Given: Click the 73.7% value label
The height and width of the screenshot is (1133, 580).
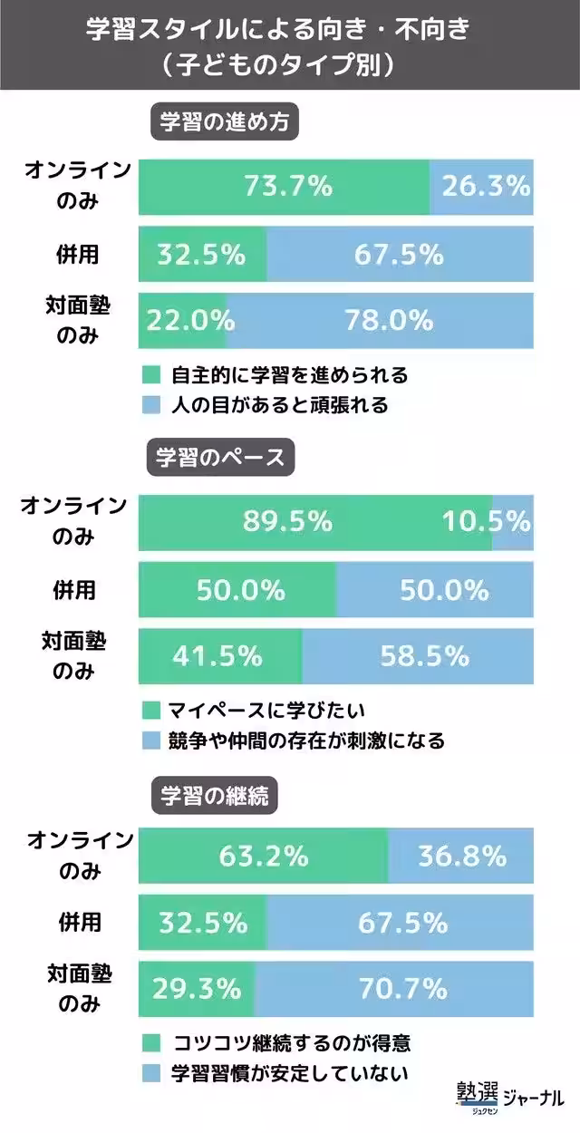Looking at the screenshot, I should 288,187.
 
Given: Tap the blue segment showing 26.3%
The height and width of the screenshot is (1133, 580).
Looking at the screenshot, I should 482,187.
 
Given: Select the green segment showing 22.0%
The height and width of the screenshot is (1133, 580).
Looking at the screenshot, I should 183,321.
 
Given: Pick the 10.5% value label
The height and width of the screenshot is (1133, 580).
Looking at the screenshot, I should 487,522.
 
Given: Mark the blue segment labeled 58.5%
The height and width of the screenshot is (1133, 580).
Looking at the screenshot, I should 418,656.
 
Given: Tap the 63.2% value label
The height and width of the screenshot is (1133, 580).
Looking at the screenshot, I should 264,856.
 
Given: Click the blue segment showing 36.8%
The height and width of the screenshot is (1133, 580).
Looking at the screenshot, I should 461,856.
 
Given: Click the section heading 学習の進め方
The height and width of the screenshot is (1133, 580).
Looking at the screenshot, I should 224,123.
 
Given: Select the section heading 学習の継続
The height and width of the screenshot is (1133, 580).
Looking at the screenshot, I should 214,795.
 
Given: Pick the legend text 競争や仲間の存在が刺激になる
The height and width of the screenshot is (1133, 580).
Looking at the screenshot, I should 307,741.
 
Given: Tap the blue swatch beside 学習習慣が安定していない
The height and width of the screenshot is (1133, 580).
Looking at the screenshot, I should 152,1074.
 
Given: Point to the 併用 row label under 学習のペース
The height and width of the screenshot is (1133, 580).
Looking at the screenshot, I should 77,590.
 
